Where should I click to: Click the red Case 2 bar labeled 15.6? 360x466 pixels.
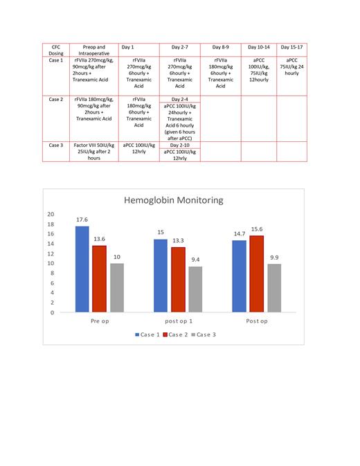click(257, 274)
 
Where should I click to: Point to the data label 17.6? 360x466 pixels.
click(82, 219)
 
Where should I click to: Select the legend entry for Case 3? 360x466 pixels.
click(204, 334)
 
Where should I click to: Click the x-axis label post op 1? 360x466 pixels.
click(179, 322)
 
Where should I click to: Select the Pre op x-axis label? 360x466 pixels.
click(100, 322)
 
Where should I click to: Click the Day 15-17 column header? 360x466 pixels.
click(291, 47)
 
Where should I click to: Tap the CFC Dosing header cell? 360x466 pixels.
click(56, 50)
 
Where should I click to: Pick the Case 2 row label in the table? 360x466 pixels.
click(56, 99)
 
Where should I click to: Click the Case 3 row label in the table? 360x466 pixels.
click(56, 145)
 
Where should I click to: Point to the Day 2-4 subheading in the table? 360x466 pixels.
click(179, 99)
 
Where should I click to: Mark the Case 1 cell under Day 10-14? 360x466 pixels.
click(260, 70)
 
